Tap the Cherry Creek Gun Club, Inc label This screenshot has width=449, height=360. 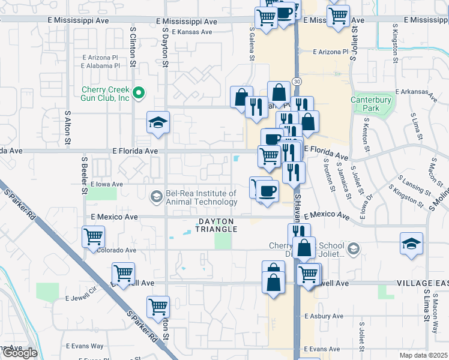click(106, 94)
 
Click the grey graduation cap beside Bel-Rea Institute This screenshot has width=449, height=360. click(156, 197)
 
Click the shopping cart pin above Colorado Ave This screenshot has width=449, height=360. click(93, 236)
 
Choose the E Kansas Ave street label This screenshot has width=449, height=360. click(192, 32)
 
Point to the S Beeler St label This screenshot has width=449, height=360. click(85, 175)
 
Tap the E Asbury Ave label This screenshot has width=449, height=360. click(322, 316)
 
